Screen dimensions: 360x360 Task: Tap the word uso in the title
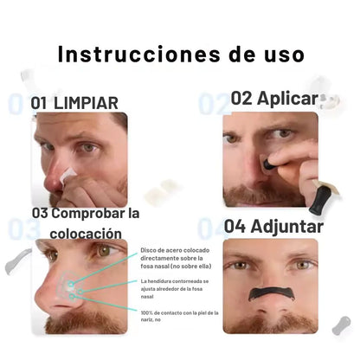point(285,55)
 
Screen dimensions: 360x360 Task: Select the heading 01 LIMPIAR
point(74,103)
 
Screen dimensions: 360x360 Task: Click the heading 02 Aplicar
point(274,99)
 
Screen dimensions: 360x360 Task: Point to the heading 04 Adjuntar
point(273,226)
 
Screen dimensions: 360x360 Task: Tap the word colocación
point(86,233)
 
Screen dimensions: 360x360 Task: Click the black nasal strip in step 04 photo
point(273,294)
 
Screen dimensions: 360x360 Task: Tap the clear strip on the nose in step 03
point(71,286)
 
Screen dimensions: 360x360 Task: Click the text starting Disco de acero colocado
point(176,258)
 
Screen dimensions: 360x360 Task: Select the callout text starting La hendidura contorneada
point(175,289)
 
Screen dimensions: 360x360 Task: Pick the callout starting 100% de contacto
point(179,316)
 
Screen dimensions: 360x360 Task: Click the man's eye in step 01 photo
point(88,148)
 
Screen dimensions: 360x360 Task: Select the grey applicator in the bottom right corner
point(341,325)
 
